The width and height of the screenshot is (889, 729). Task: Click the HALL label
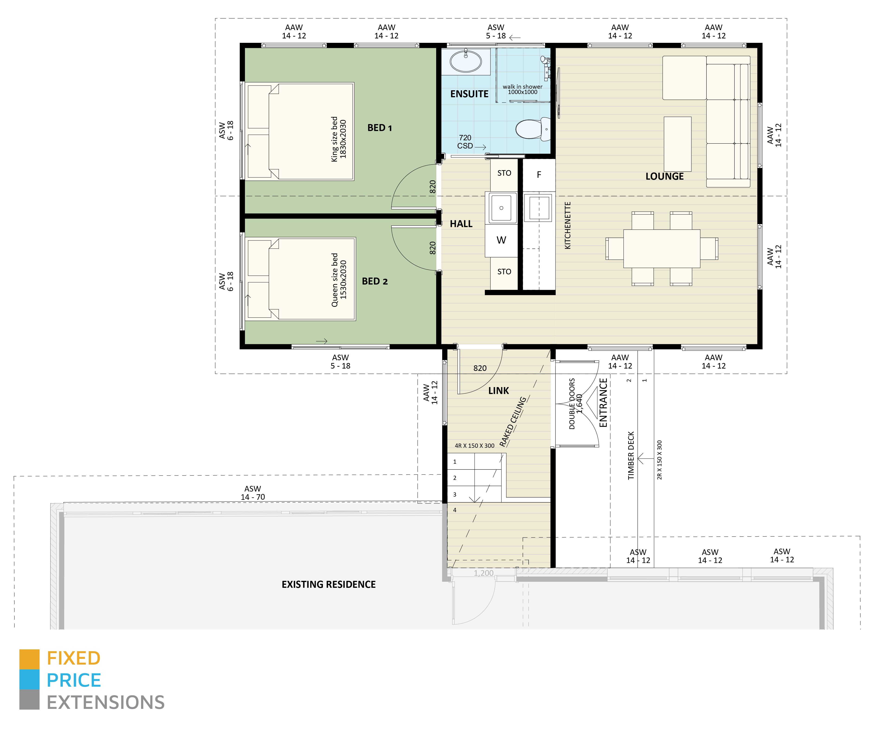(461, 224)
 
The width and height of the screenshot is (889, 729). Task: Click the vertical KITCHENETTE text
(567, 225)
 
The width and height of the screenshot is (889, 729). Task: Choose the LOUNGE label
(664, 176)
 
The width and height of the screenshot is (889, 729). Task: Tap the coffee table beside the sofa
(677, 144)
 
